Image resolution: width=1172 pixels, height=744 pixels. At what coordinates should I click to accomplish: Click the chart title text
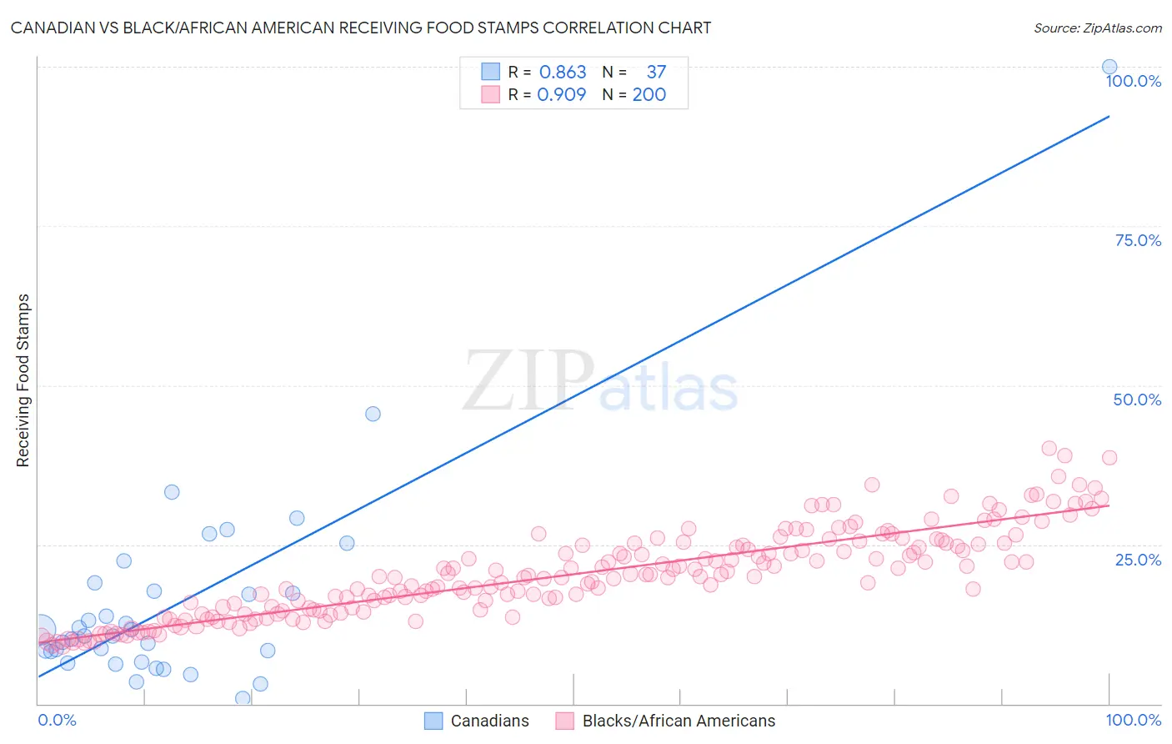361,28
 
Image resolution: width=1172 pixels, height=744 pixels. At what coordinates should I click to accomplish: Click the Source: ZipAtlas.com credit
1097,28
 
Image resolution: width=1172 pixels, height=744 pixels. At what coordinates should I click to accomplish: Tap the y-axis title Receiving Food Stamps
23,380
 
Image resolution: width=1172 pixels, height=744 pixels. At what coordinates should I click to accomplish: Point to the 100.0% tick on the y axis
1133,81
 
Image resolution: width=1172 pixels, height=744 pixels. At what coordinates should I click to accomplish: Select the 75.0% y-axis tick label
1137,240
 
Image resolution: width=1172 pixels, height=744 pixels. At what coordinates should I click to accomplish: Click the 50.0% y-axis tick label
1137,400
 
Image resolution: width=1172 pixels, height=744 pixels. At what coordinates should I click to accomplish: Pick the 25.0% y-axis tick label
1137,560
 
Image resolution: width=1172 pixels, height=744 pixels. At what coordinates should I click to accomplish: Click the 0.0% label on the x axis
57,720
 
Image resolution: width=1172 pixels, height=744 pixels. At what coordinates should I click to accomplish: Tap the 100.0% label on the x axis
1133,720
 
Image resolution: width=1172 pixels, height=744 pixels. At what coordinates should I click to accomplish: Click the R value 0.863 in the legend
563,73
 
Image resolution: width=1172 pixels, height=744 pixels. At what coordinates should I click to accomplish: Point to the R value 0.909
562,95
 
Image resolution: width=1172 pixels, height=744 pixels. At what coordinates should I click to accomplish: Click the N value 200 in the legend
649,95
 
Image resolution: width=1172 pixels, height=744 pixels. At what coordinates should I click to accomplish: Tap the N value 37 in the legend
656,73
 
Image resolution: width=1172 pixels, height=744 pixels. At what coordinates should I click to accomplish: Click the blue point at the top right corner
1109,67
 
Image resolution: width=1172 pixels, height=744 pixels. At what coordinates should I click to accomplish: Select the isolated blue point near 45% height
373,414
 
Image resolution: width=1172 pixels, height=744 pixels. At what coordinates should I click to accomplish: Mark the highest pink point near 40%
1049,448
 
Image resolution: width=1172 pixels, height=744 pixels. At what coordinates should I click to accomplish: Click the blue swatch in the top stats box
491,72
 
